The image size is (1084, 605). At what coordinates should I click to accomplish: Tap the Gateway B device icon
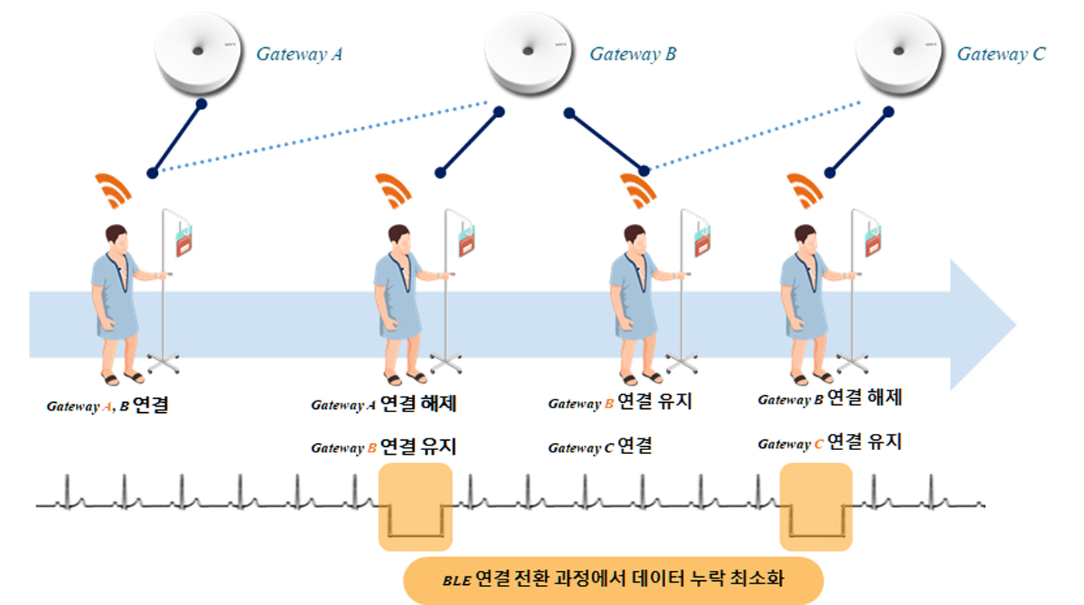528,52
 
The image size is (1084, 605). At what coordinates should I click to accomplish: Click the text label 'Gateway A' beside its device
300,54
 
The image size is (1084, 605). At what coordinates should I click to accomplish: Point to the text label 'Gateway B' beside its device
633,54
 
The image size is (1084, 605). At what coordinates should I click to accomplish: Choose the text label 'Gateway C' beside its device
1000,54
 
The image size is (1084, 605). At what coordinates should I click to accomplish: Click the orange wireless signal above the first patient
112,191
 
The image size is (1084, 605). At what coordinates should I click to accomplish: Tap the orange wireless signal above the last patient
804,191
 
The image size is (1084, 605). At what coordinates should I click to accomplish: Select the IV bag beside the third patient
702,240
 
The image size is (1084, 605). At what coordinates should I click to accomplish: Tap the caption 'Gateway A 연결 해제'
383,404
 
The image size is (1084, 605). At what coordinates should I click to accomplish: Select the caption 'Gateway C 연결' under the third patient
600,447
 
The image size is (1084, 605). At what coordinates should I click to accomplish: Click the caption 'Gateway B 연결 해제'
829,399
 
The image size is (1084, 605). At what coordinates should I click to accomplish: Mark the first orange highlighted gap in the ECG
415,507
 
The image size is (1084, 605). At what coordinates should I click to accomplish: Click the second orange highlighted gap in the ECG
816,507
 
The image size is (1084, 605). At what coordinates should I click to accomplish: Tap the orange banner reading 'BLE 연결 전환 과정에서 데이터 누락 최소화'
612,580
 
